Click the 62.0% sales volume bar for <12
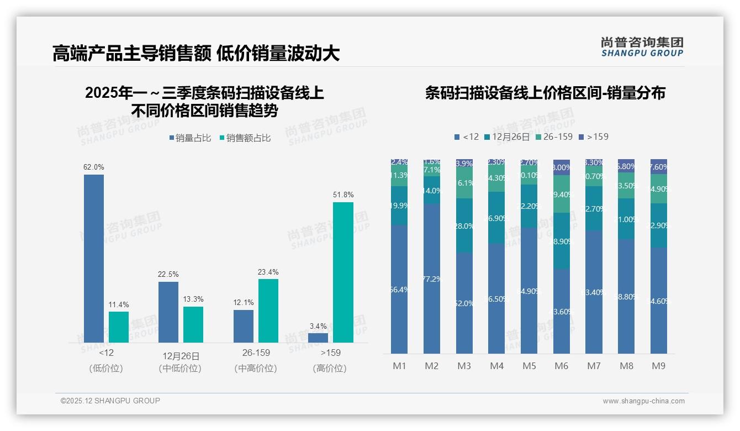(94, 258)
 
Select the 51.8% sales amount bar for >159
(343, 272)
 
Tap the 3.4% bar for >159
(318, 338)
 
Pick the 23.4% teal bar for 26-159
(268, 311)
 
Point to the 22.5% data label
(168, 275)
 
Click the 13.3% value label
(193, 299)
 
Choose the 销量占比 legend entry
(190, 138)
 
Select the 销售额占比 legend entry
(245, 138)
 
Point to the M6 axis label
(562, 366)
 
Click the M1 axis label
(399, 366)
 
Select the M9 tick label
(659, 366)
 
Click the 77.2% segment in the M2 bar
(432, 278)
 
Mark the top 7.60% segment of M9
(659, 167)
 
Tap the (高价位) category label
(330, 369)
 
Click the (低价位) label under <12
(106, 369)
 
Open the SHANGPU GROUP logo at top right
(642, 47)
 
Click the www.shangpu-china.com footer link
(643, 401)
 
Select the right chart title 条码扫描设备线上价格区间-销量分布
(545, 93)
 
